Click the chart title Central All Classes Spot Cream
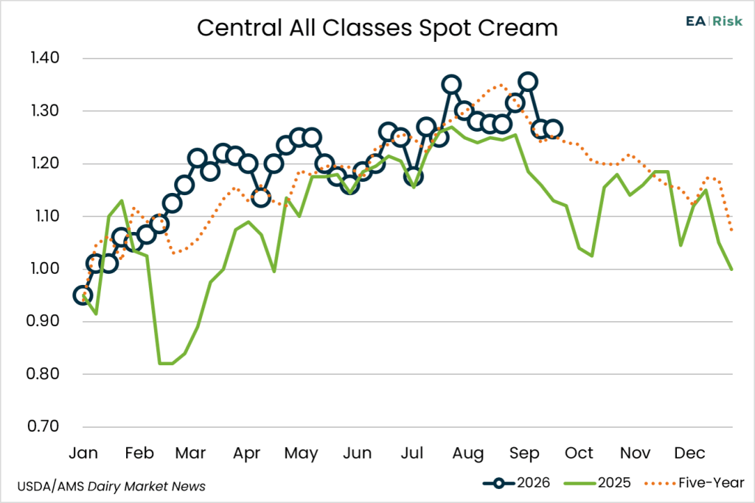pyautogui.click(x=377, y=28)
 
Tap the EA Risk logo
pyautogui.click(x=714, y=21)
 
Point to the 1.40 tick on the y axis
pyautogui.click(x=45, y=57)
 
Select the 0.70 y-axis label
pyautogui.click(x=44, y=426)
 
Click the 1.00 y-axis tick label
pyautogui.click(x=45, y=268)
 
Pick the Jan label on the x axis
pyautogui.click(x=83, y=453)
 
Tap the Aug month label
pyautogui.click(x=467, y=454)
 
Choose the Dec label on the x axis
pyautogui.click(x=689, y=453)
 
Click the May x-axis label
pyautogui.click(x=301, y=454)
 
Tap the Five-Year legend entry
pyautogui.click(x=695, y=483)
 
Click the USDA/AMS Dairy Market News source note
pyautogui.click(x=111, y=487)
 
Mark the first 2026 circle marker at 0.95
pyautogui.click(x=83, y=295)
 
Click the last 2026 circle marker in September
pyautogui.click(x=553, y=130)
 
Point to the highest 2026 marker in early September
pyautogui.click(x=528, y=82)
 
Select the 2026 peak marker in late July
pyautogui.click(x=451, y=85)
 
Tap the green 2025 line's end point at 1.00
pyautogui.click(x=732, y=269)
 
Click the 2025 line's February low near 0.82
pyautogui.click(x=166, y=364)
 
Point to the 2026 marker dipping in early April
pyautogui.click(x=260, y=197)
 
